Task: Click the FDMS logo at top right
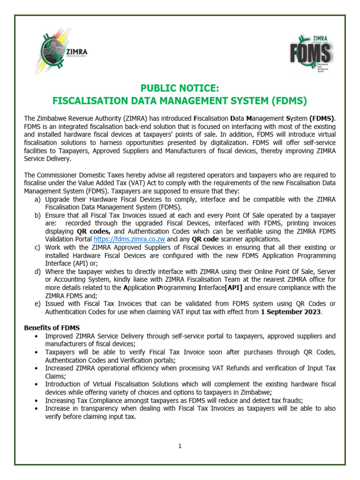[311, 52]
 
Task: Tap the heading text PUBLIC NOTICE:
[180, 89]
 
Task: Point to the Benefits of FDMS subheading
[52, 327]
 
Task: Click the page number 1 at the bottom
[180, 446]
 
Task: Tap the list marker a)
[37, 199]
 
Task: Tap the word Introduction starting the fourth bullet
[64, 384]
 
